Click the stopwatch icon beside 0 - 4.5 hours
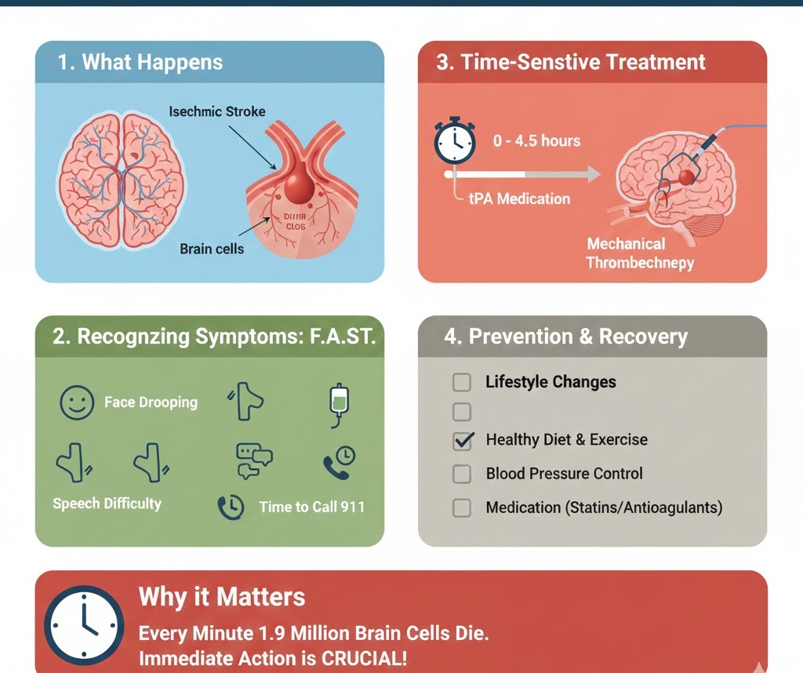[x=454, y=140]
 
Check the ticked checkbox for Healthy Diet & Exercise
[x=463, y=440]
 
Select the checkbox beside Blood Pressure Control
[x=463, y=474]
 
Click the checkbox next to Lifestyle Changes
[x=463, y=383]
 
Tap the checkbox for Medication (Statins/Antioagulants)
[x=463, y=507]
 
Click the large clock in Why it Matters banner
[x=84, y=623]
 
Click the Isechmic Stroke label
[x=217, y=112]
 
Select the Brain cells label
[x=212, y=249]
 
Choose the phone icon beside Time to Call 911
[x=231, y=507]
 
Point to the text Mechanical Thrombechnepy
[x=639, y=253]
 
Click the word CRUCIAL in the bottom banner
[x=366, y=657]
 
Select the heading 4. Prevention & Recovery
[x=565, y=337]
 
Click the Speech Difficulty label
[x=107, y=504]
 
